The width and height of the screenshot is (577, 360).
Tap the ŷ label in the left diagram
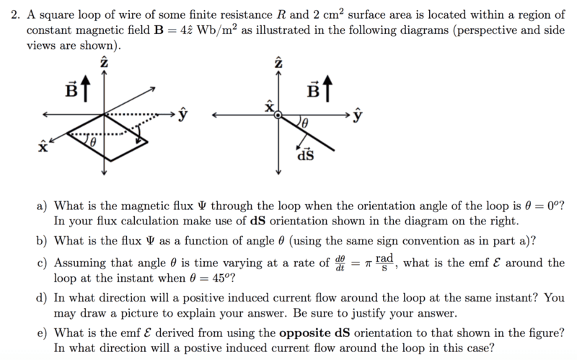click(184, 114)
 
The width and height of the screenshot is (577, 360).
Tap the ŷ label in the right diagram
click(358, 114)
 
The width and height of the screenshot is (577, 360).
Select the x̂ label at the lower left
click(42, 148)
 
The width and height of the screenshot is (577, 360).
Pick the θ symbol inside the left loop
click(93, 143)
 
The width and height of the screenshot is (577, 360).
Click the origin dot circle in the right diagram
click(278, 114)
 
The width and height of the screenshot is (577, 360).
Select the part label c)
click(43, 263)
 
